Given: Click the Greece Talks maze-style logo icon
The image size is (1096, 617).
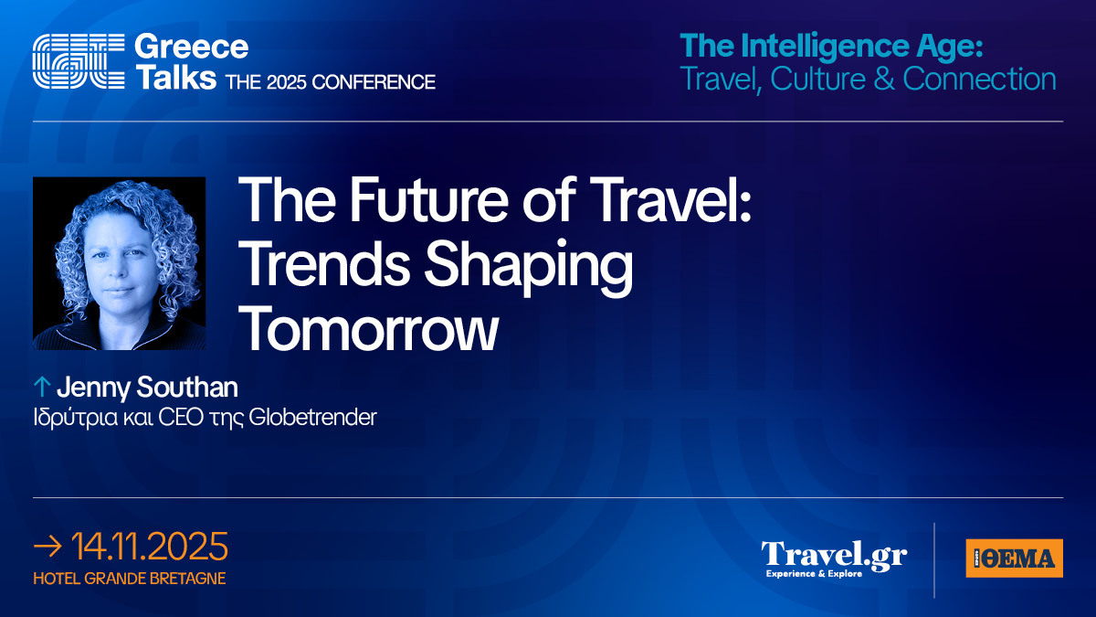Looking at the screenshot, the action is [x=79, y=61].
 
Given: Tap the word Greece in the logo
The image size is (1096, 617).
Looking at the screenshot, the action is [x=191, y=47].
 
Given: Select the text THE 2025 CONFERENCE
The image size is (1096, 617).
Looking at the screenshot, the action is [x=331, y=81].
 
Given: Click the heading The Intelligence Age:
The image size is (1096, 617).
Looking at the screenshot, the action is [x=831, y=46].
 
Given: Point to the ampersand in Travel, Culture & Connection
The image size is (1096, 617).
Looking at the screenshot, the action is [x=884, y=79].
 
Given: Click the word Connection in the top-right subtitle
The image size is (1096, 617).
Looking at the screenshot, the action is [x=979, y=79].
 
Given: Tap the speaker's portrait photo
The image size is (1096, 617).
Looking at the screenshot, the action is [x=120, y=263].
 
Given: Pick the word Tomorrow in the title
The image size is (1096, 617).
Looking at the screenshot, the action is [x=368, y=327].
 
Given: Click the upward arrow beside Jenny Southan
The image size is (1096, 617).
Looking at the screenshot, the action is [x=42, y=387].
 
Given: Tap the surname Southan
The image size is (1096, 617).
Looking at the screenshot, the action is [x=187, y=387].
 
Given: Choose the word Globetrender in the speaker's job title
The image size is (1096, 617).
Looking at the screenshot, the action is [x=312, y=417].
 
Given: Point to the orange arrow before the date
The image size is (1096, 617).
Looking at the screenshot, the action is [x=47, y=547].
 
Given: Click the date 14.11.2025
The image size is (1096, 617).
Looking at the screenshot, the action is [x=149, y=547].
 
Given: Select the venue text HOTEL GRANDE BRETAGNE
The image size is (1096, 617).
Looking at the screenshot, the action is [x=129, y=579].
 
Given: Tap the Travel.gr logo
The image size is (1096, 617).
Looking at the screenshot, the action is [x=834, y=558].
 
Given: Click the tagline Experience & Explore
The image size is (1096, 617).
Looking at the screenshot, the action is [x=814, y=573].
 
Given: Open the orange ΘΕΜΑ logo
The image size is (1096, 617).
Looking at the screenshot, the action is [x=1015, y=558].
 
